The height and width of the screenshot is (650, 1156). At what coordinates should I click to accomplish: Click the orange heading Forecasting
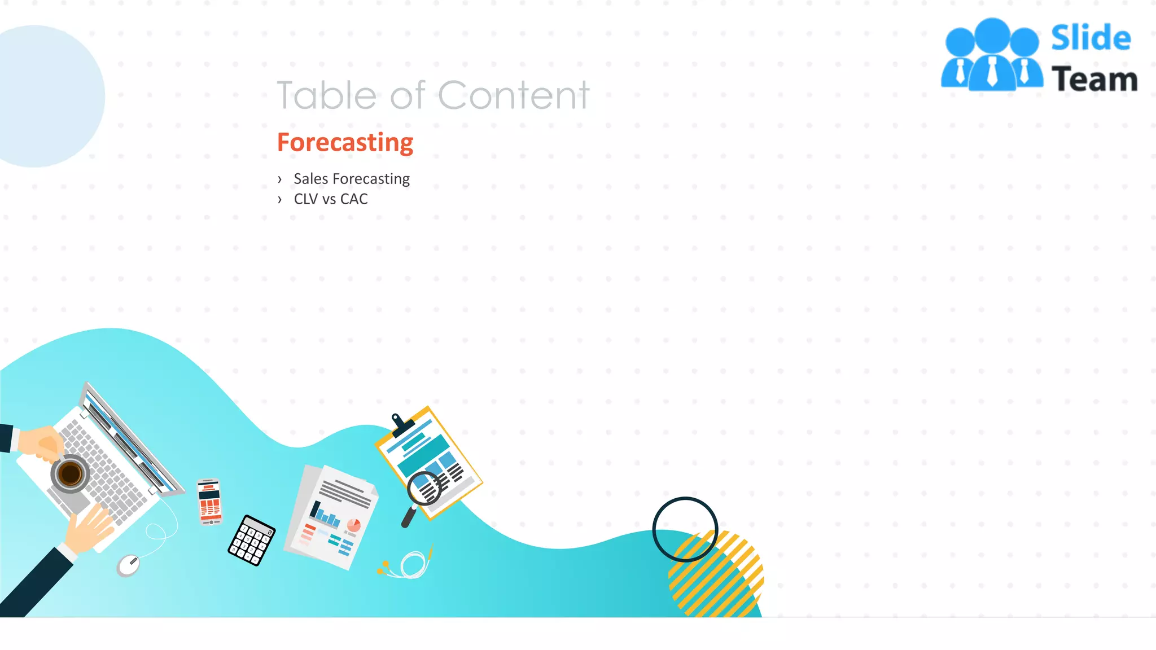pyautogui.click(x=345, y=143)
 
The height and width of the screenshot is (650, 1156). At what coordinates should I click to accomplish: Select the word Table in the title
pyautogui.click(x=326, y=95)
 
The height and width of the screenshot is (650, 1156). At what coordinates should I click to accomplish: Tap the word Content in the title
pyautogui.click(x=514, y=95)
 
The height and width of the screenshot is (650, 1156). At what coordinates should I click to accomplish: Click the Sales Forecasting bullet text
pyautogui.click(x=352, y=179)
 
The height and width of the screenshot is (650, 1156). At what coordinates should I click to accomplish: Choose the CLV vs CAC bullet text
pyautogui.click(x=331, y=199)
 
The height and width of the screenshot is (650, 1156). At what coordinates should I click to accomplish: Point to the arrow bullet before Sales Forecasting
pyautogui.click(x=279, y=179)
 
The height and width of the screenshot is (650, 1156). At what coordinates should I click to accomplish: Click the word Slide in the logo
pyautogui.click(x=1091, y=38)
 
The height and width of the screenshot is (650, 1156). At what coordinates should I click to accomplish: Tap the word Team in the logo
pyautogui.click(x=1094, y=80)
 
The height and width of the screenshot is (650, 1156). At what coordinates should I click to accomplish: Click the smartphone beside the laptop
pyautogui.click(x=209, y=502)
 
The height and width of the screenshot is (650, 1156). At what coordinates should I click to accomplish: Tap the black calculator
pyautogui.click(x=252, y=540)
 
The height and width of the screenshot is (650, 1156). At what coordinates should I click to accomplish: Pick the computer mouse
pyautogui.click(x=129, y=565)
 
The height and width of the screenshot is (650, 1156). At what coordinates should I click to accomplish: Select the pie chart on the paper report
pyautogui.click(x=353, y=526)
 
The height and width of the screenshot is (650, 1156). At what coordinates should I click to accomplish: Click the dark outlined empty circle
pyautogui.click(x=685, y=529)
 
